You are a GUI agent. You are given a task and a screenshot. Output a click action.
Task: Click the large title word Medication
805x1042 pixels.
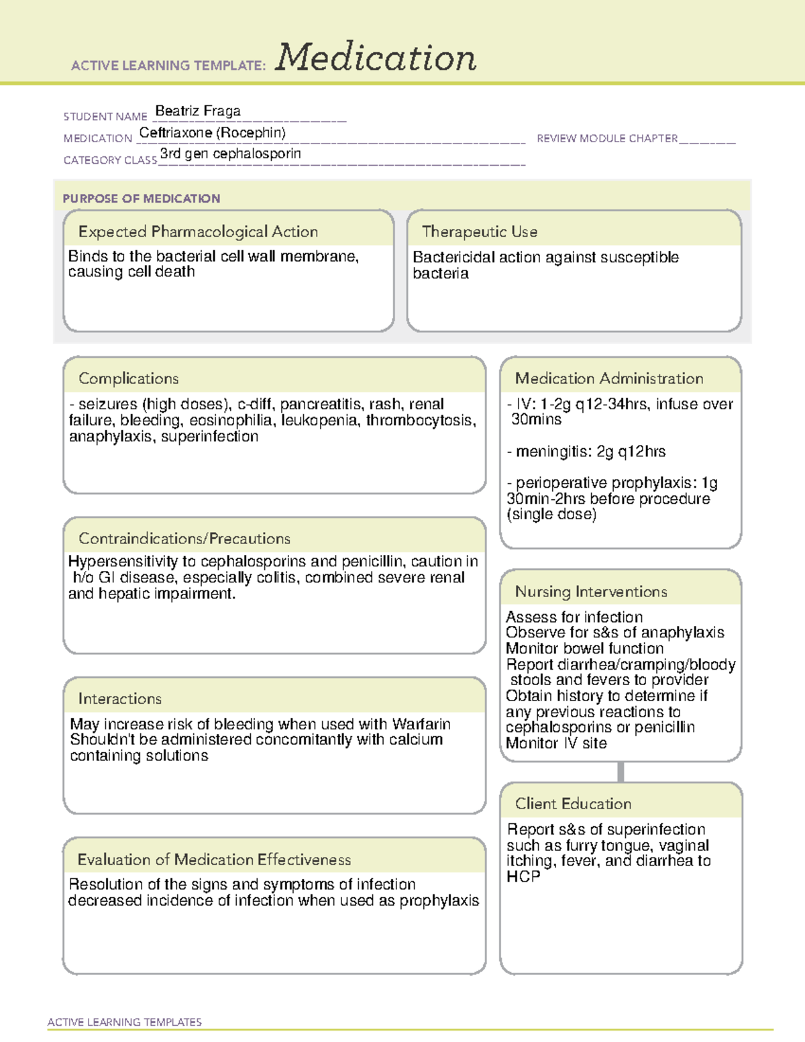[376, 58]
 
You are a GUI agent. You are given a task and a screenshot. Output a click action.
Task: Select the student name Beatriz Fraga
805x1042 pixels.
[198, 111]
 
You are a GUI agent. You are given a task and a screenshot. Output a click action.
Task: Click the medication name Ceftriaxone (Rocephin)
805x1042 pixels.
[212, 133]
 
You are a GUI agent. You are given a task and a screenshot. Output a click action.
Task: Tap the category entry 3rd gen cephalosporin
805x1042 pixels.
[230, 154]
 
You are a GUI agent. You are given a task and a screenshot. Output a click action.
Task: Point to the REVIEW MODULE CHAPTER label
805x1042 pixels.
[607, 138]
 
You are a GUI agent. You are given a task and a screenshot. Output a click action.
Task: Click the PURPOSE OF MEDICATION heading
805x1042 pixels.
[142, 199]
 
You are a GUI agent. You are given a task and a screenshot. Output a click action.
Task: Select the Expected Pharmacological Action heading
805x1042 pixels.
[198, 231]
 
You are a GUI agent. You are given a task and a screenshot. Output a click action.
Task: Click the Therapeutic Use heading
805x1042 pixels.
[480, 231]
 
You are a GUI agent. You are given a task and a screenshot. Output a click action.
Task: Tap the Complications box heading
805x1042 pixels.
[128, 378]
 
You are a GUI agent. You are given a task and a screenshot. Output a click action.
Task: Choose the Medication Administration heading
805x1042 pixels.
[609, 378]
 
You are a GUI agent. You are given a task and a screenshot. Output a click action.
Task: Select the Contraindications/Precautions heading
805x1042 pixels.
[184, 538]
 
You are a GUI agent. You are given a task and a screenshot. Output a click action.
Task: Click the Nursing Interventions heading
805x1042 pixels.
[591, 591]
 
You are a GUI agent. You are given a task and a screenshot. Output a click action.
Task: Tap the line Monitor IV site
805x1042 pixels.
[556, 743]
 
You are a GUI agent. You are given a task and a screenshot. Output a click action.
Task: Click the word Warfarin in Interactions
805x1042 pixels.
[421, 724]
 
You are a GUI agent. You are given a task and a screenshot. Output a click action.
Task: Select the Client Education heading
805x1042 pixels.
[573, 803]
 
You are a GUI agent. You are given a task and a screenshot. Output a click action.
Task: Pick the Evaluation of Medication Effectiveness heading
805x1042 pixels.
[214, 859]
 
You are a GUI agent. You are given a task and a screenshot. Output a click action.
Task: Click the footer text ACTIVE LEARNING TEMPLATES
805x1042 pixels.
[125, 1022]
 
